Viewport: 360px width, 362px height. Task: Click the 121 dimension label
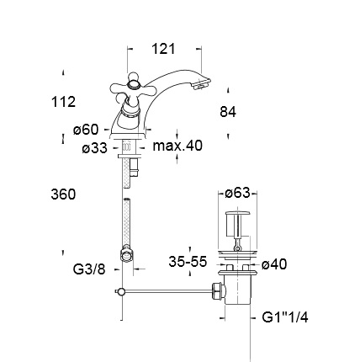click(163, 49)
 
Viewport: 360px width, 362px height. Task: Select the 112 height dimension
click(63, 102)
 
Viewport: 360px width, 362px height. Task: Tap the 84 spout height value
click(228, 112)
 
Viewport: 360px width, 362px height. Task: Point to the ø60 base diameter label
click(86, 130)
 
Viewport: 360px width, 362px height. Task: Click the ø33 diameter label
click(95, 147)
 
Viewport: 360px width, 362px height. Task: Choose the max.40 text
click(177, 146)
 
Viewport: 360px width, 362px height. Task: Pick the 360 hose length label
click(63, 194)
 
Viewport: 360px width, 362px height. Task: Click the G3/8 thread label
click(89, 269)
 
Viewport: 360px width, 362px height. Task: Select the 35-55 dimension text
click(188, 262)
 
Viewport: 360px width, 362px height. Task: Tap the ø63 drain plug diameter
click(237, 193)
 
